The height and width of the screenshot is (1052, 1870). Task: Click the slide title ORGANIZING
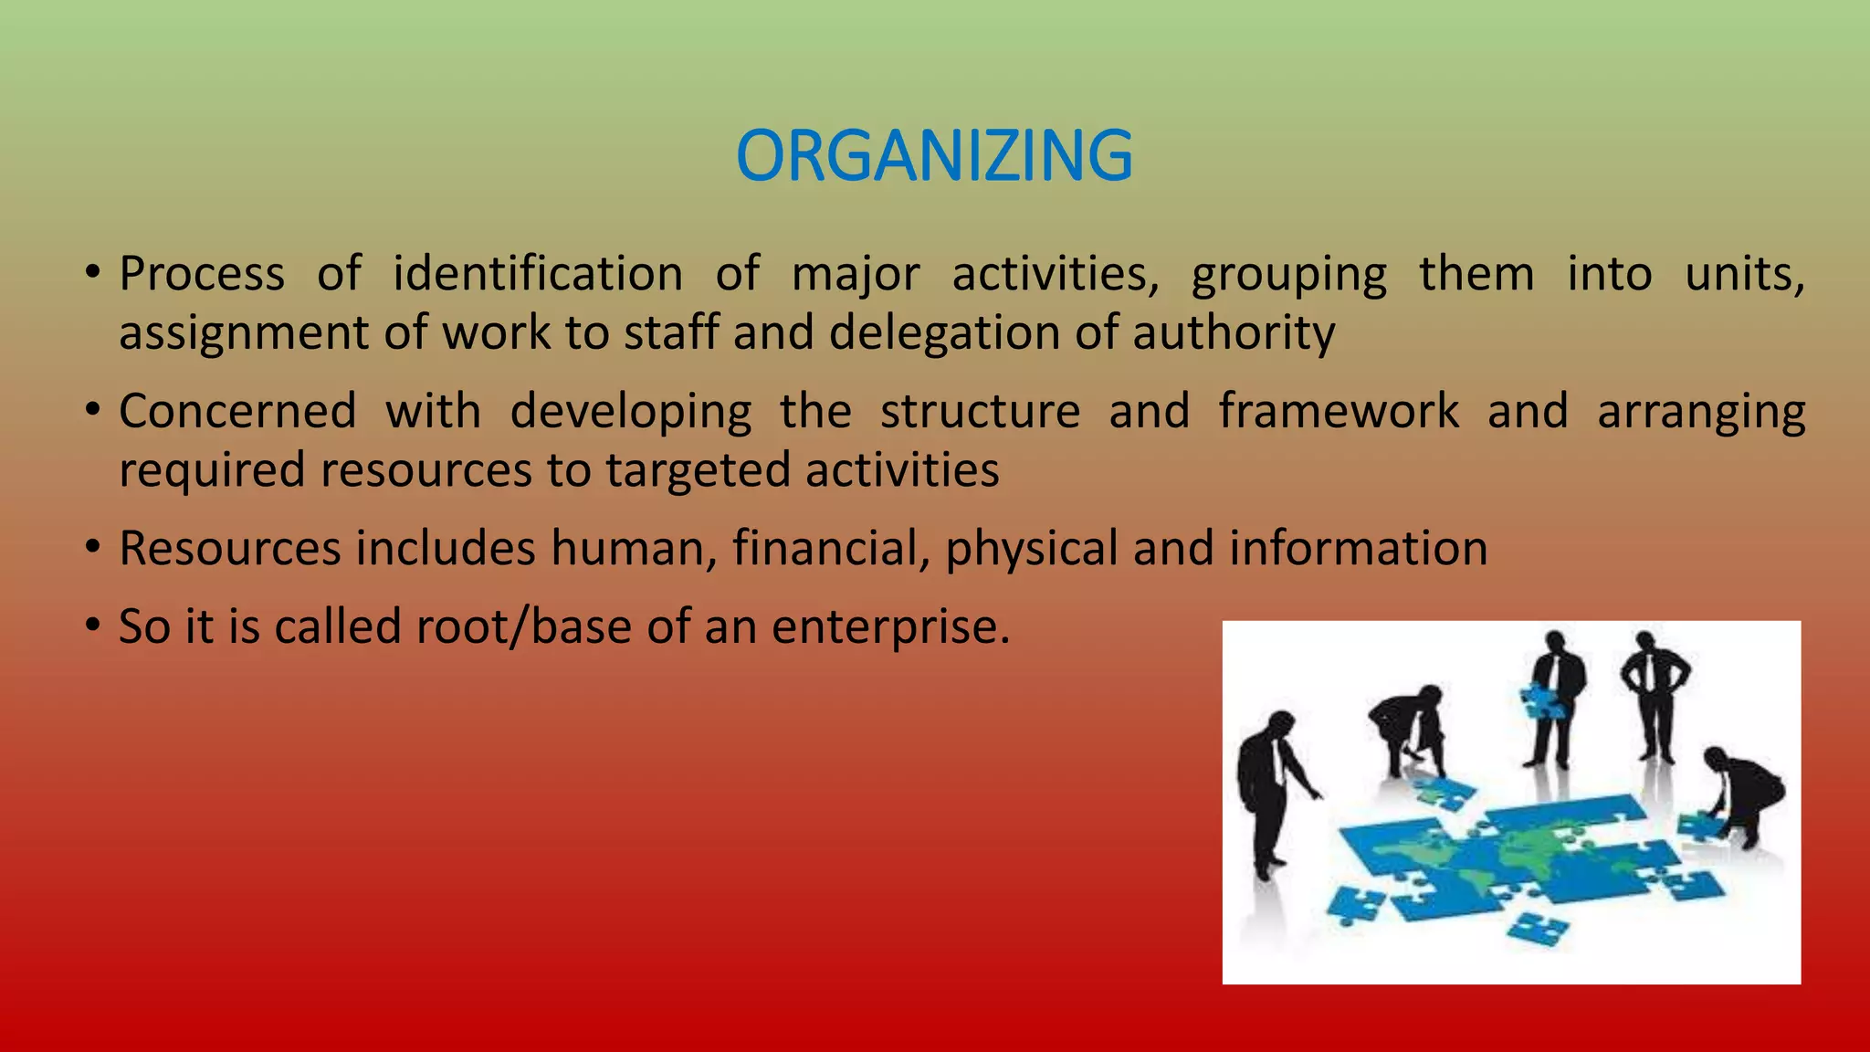[934, 155]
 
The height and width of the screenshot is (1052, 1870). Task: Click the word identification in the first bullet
[538, 274]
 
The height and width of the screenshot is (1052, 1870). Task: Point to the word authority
[1234, 332]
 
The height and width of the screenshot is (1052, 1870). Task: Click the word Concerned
[237, 411]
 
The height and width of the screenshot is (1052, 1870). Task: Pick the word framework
[1339, 411]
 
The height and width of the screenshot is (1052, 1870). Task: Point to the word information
[1358, 548]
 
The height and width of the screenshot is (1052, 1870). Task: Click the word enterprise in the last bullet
[890, 627]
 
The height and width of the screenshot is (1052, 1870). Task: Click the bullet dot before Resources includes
[92, 548]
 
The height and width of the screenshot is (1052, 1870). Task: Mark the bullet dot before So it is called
[92, 626]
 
